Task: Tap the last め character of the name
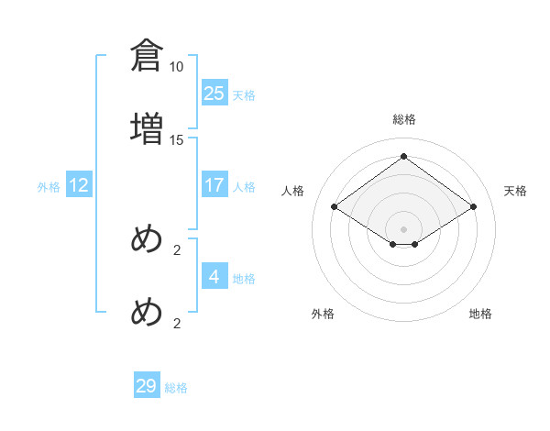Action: point(147,313)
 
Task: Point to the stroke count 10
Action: point(177,67)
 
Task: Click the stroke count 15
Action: point(177,139)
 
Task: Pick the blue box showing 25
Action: point(214,94)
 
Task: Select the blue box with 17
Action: point(214,185)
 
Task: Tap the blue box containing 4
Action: point(214,277)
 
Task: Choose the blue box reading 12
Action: point(79,185)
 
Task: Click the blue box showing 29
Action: point(147,386)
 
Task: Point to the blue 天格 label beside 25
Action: point(244,95)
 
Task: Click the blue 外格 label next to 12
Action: point(49,187)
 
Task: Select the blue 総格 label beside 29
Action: point(176,388)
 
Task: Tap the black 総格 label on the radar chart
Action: point(404,119)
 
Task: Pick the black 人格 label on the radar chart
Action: point(293,191)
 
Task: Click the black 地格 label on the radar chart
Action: point(480,314)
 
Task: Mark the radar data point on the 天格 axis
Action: point(473,207)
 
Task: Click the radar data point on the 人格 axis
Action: point(335,207)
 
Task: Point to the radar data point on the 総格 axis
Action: point(404,157)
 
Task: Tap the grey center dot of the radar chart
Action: point(404,228)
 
